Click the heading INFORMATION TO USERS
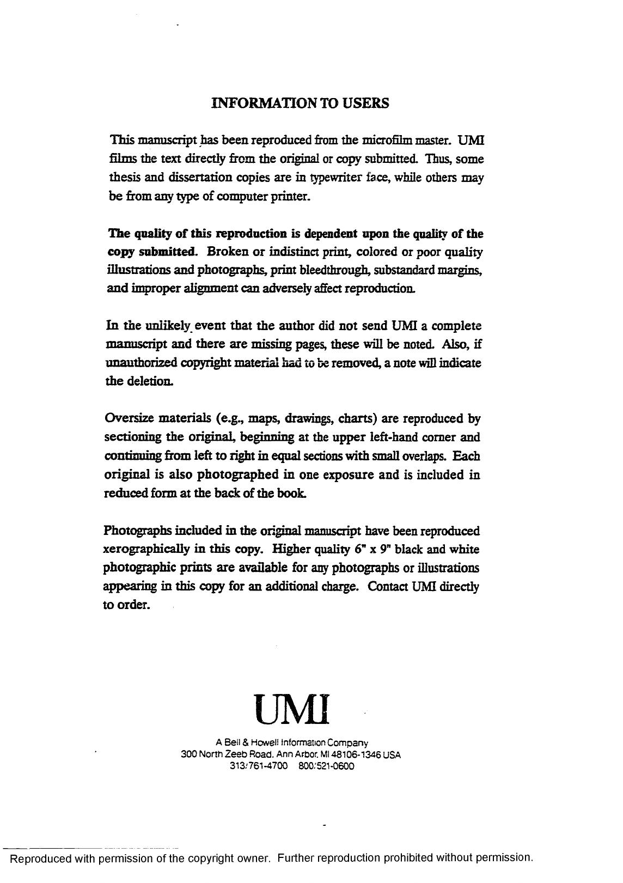[x=300, y=103]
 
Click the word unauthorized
[x=142, y=363]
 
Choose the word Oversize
[x=129, y=419]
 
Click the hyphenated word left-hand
[x=416, y=437]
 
